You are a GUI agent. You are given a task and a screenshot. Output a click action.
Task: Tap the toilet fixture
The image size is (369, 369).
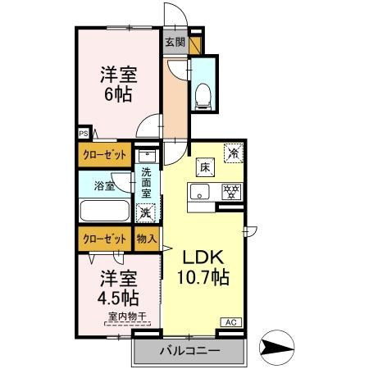tap(203, 95)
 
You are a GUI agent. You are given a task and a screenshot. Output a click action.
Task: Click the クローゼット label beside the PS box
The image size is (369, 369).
tap(104, 153)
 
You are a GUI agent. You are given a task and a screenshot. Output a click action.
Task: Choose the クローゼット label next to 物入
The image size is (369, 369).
tap(104, 239)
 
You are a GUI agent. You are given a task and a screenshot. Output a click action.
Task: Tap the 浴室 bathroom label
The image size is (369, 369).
tap(104, 186)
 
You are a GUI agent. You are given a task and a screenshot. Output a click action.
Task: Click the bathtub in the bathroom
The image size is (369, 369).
tap(104, 210)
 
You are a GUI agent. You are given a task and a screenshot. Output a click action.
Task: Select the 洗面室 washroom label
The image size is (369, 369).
tap(147, 184)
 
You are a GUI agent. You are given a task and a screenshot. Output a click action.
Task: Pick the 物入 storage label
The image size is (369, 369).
tap(146, 239)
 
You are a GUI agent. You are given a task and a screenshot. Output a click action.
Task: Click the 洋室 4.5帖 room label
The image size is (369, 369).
tap(118, 286)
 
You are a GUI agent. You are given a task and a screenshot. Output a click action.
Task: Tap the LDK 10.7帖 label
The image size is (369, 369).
tap(208, 267)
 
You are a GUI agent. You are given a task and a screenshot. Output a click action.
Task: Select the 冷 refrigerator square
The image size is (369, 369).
tap(233, 153)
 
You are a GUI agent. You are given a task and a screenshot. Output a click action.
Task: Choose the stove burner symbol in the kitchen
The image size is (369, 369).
tap(232, 193)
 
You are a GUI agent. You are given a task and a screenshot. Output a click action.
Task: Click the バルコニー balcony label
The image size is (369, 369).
tap(189, 351)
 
